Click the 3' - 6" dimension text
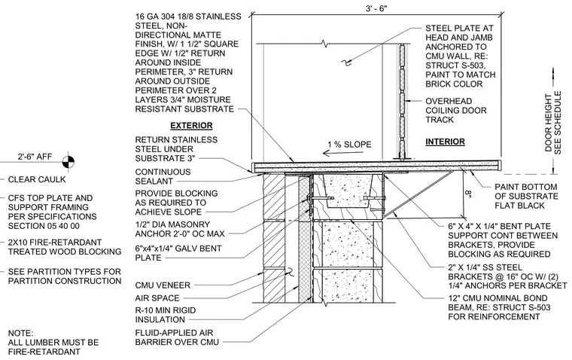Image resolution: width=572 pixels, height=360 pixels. click(x=376, y=8)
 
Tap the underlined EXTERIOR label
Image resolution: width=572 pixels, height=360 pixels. click(x=191, y=126)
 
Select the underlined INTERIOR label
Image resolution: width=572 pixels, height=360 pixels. click(x=445, y=142)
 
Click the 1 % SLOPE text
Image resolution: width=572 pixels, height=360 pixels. click(x=349, y=144)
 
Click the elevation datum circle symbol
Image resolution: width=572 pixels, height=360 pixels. click(x=68, y=161)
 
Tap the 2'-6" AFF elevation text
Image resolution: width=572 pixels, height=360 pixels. click(x=35, y=157)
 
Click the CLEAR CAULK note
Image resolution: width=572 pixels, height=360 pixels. click(x=37, y=180)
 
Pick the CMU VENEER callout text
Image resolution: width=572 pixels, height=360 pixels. click(x=163, y=285)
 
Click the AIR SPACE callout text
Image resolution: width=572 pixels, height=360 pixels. click(x=157, y=298)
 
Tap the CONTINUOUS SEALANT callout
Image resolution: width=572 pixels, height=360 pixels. click(x=163, y=176)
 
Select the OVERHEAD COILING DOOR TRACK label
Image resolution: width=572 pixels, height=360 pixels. click(x=456, y=110)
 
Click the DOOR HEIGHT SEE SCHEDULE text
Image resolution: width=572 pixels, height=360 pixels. click(x=553, y=122)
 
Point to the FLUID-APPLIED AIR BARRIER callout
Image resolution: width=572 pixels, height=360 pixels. click(x=177, y=337)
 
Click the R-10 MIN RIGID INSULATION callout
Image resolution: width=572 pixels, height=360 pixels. click(x=166, y=315)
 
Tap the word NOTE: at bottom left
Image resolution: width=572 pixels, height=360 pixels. click(x=20, y=334)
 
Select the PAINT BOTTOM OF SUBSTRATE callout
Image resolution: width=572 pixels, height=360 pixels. click(x=526, y=196)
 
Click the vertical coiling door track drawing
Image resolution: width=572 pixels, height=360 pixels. click(x=402, y=102)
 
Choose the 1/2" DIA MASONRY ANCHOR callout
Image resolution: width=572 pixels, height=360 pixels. click(x=180, y=229)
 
